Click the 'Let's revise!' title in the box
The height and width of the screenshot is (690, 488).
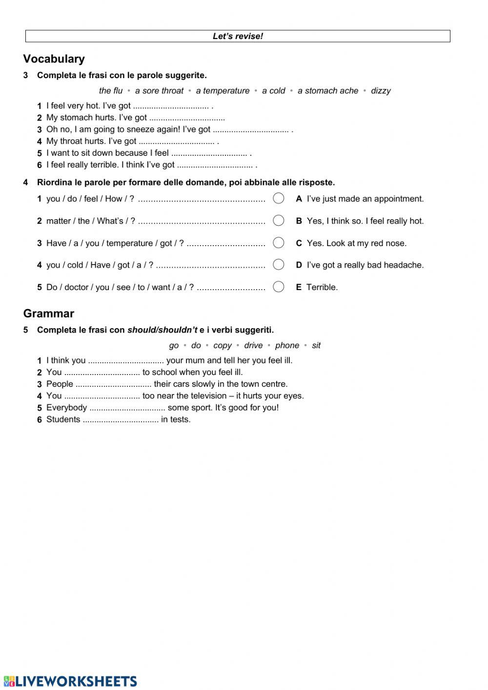coord(238,36)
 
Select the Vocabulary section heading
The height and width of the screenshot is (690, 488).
coord(54,59)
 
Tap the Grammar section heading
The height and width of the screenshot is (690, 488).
coord(48,314)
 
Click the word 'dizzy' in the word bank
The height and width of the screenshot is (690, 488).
coord(381,91)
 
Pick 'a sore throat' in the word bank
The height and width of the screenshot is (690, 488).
coord(159,91)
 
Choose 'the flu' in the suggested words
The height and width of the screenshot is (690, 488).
coord(111,91)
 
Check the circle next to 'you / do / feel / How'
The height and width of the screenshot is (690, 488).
coord(279,198)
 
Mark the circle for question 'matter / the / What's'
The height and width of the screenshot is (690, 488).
coord(279,220)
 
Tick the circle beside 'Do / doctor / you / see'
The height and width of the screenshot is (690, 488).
coord(279,287)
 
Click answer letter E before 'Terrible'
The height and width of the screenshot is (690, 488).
coord(299,288)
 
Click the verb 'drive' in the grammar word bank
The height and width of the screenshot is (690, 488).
coord(253,346)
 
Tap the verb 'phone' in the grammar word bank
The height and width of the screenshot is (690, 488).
coord(287,346)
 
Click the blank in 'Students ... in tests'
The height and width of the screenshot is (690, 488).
coord(121,420)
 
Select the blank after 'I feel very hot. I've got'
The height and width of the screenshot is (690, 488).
coord(171,106)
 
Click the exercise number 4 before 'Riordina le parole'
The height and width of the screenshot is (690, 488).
coord(25,183)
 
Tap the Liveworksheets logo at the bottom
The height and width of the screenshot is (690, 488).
coord(70,681)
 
